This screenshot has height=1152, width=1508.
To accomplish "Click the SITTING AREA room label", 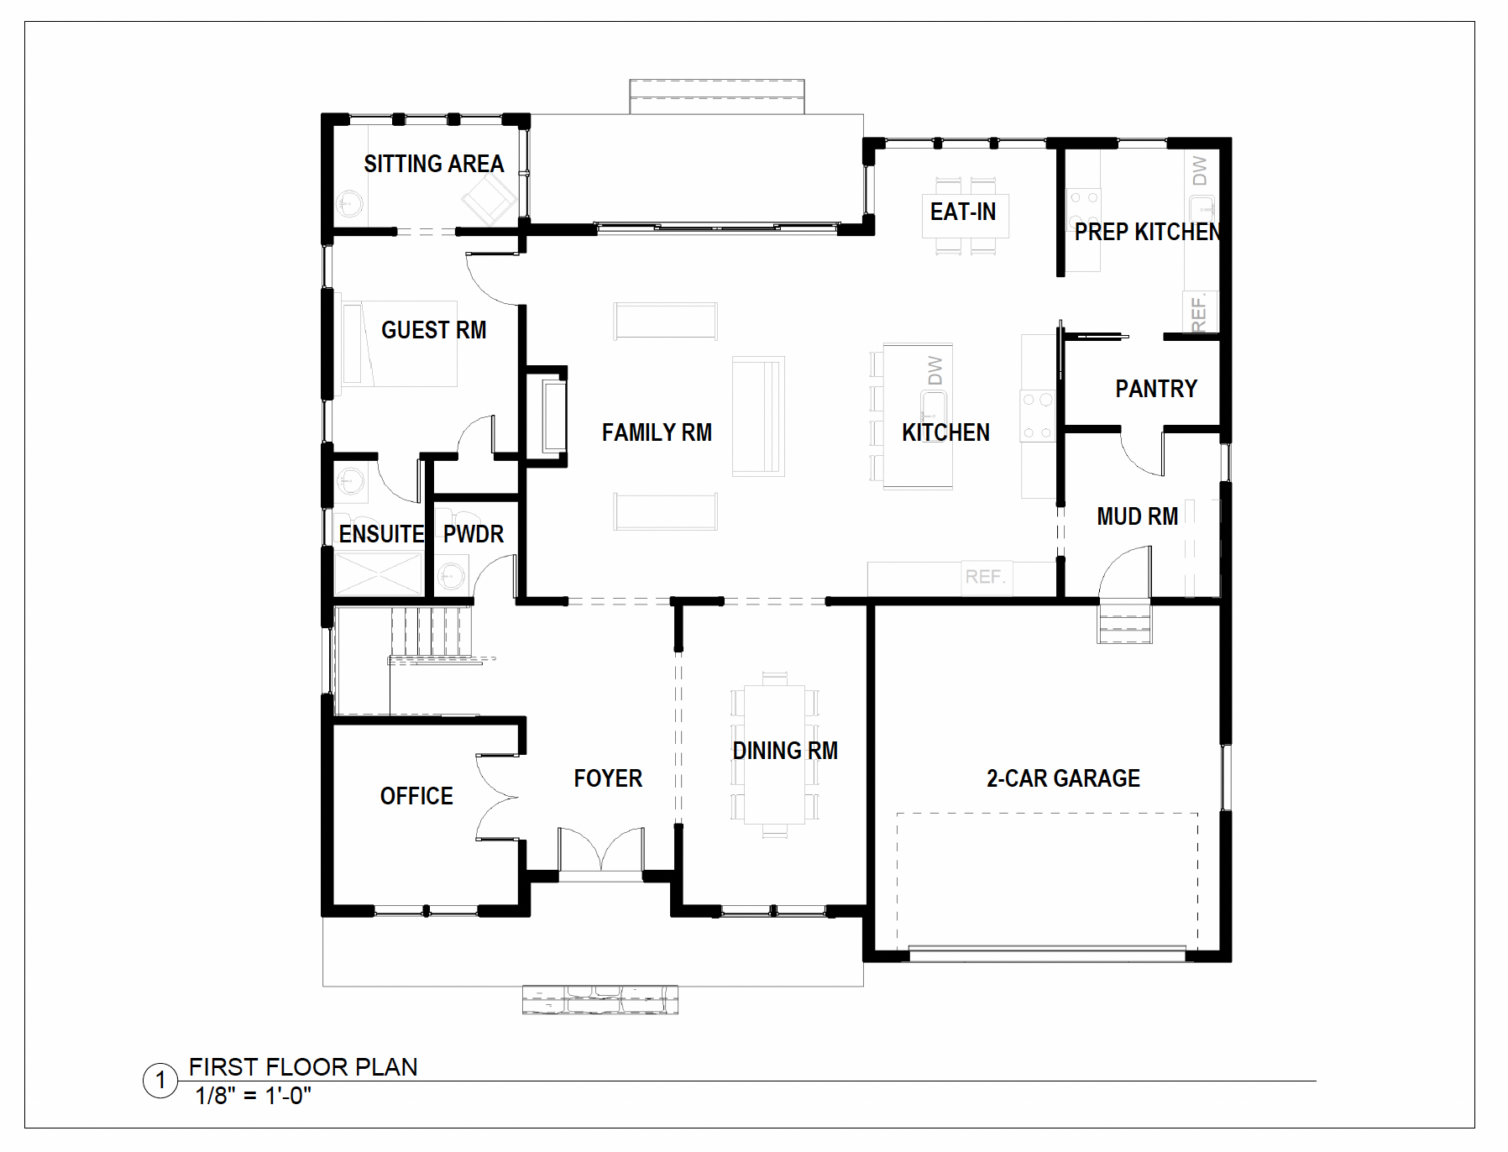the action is pyautogui.click(x=433, y=164).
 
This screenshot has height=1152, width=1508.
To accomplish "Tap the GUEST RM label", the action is pyautogui.click(x=433, y=330).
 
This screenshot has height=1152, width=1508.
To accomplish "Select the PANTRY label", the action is pyautogui.click(x=1156, y=389).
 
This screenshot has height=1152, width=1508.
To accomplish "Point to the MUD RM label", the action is pyautogui.click(x=1137, y=516).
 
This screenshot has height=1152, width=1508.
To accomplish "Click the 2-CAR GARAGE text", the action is pyautogui.click(x=1063, y=778).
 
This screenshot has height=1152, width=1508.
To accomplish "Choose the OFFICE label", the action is pyautogui.click(x=416, y=796).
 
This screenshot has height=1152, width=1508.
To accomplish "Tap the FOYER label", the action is pyautogui.click(x=608, y=778).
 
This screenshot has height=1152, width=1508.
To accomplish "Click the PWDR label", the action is pyautogui.click(x=474, y=534).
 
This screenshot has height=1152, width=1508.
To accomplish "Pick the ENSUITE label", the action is pyautogui.click(x=381, y=534).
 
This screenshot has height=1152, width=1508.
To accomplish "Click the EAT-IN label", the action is pyautogui.click(x=963, y=212).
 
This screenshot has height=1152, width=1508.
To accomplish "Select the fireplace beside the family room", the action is pyautogui.click(x=547, y=416).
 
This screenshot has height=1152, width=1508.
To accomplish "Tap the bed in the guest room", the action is pyautogui.click(x=398, y=343).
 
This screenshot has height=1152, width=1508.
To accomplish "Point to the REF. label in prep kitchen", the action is pyautogui.click(x=1199, y=312).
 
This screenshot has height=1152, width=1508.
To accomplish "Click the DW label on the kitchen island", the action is pyautogui.click(x=935, y=370).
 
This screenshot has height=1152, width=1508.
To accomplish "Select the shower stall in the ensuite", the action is pyautogui.click(x=379, y=573).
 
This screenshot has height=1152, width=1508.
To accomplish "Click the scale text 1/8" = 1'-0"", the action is pyautogui.click(x=254, y=1096).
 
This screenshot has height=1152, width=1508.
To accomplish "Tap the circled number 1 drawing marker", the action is pyautogui.click(x=160, y=1081).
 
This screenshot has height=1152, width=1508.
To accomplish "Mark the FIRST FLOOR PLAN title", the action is pyautogui.click(x=303, y=1067).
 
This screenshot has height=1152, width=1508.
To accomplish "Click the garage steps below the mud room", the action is pyautogui.click(x=1124, y=623).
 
